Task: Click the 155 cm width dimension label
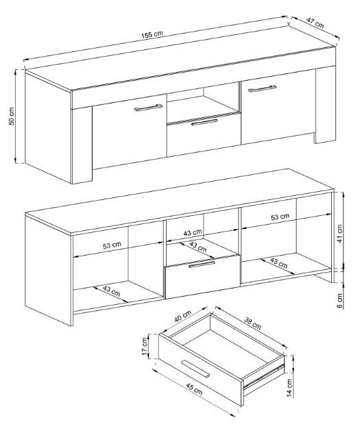[152, 35]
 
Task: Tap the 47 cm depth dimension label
[315, 23]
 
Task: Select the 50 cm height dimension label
[12, 116]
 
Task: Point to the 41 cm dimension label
[339, 234]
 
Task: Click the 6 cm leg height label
[339, 301]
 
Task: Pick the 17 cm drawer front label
[145, 346]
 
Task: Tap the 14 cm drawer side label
[289, 388]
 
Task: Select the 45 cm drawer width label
[194, 389]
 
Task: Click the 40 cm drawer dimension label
[183, 317]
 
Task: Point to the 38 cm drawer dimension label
[252, 323]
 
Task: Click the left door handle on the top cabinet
[148, 108]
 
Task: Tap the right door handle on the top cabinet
[263, 88]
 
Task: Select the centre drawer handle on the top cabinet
[204, 122]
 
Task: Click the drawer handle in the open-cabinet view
[202, 264]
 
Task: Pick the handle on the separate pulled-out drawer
[195, 369]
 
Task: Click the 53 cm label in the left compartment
[112, 245]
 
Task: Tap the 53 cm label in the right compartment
[280, 217]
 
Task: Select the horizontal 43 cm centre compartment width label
[193, 232]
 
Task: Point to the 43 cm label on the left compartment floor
[112, 291]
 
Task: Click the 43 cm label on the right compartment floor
[278, 263]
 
